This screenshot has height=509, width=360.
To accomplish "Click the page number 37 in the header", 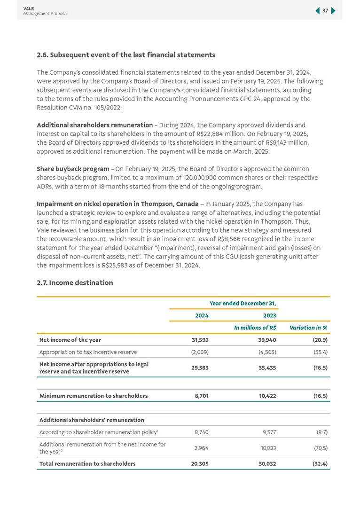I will [x=325, y=11].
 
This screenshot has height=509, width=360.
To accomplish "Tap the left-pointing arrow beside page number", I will [x=317, y=11].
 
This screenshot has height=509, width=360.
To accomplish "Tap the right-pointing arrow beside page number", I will [x=333, y=11].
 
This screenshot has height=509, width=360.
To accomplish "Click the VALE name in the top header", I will [x=28, y=8].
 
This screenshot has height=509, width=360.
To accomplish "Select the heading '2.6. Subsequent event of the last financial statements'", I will [x=126, y=55].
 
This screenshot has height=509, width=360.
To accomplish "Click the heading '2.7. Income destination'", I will [x=75, y=283].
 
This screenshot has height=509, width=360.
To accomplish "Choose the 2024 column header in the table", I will [x=202, y=316].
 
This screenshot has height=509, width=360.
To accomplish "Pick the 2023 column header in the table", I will [x=269, y=316].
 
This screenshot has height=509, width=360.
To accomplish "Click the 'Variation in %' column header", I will [x=309, y=328].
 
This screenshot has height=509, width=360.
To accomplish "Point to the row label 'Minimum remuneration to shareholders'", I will [x=94, y=396].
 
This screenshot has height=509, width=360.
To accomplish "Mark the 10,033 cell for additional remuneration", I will [x=267, y=448].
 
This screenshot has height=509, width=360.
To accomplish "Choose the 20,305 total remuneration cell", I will [x=200, y=463].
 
